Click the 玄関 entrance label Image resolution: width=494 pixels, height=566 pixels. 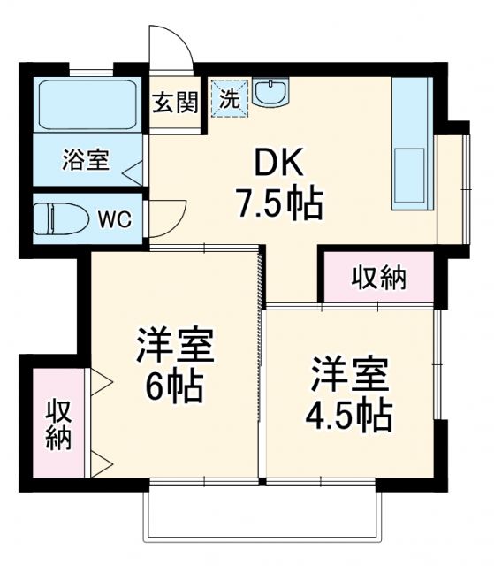[x=173, y=103]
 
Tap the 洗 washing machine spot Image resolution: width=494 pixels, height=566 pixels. [x=229, y=97]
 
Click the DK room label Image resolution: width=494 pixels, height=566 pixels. [x=279, y=164]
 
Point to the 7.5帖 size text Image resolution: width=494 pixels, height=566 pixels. [x=279, y=204]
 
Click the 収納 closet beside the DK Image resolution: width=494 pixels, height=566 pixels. [x=379, y=278]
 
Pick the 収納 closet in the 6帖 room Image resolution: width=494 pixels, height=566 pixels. [x=59, y=425]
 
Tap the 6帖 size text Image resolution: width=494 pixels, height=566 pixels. [x=174, y=387]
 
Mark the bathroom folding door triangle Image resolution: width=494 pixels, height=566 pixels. [x=131, y=172]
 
